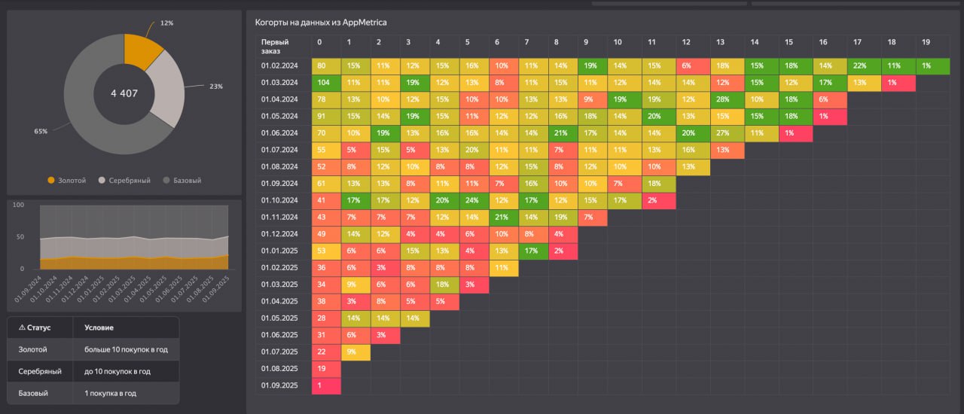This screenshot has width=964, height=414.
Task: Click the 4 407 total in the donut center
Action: pyautogui.click(x=124, y=93)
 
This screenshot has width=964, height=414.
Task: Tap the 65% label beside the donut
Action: pyautogui.click(x=41, y=131)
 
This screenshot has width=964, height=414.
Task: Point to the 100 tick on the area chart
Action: pyautogui.click(x=19, y=205)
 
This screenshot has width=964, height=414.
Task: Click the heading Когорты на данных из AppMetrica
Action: pyautogui.click(x=321, y=23)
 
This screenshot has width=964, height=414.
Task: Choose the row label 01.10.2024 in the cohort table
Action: pyautogui.click(x=280, y=200)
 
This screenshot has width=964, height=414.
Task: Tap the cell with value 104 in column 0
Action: pyautogui.click(x=325, y=82)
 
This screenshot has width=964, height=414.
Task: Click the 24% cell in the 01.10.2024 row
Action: pyautogui.click(x=472, y=200)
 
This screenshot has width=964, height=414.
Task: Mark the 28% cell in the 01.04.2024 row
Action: pyautogui.click(x=723, y=99)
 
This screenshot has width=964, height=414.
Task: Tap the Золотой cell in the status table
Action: pyautogui.click(x=32, y=349)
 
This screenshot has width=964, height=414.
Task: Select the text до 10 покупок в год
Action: pyautogui.click(x=117, y=371)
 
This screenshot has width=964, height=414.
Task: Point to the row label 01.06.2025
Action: pyautogui.click(x=280, y=335)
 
